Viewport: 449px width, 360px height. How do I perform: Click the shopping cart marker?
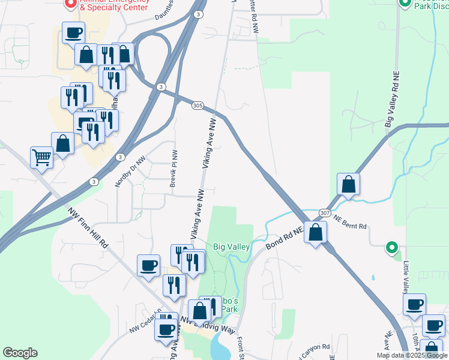pos(41,158)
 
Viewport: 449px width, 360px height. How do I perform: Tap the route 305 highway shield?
pos(198,106)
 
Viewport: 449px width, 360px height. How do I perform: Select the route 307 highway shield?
pos(324,213)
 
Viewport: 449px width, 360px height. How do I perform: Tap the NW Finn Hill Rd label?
pos(88,227)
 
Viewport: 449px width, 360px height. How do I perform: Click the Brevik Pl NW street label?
pos(173,169)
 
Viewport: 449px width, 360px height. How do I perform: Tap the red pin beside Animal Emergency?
pos(70,4)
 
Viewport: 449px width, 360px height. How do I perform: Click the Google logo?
pos(20,353)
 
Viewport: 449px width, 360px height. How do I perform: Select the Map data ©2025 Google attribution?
pos(412,355)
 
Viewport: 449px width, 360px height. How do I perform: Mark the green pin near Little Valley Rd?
pos(392,247)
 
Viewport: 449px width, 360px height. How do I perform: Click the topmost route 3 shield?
pos(198,13)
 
